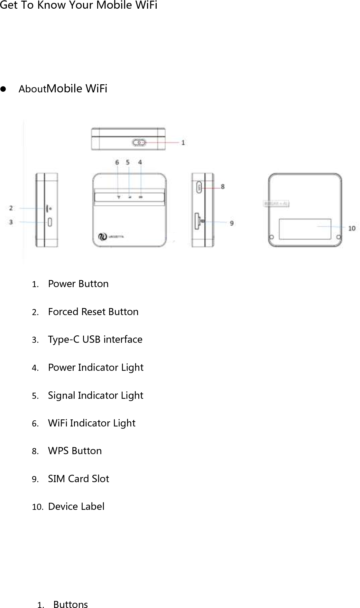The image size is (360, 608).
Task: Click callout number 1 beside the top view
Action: click(x=183, y=142)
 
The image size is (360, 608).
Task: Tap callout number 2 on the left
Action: click(x=11, y=208)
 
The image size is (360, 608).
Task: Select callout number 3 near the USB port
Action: click(x=11, y=222)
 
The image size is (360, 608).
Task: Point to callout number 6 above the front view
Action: click(x=117, y=162)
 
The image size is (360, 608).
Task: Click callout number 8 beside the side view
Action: click(x=222, y=186)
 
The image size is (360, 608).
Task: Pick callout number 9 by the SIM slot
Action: click(x=232, y=223)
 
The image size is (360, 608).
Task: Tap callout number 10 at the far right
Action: click(x=352, y=228)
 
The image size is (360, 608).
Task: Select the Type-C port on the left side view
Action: click(x=50, y=222)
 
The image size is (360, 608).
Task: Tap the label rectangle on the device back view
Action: click(x=305, y=229)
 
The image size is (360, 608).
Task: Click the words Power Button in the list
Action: click(x=78, y=284)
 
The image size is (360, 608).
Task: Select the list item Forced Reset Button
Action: click(x=93, y=312)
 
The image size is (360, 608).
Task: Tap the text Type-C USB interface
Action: click(x=95, y=340)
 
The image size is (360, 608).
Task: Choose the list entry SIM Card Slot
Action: click(x=78, y=479)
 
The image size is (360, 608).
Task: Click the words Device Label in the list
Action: click(x=76, y=507)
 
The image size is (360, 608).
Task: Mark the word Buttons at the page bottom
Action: click(x=70, y=604)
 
